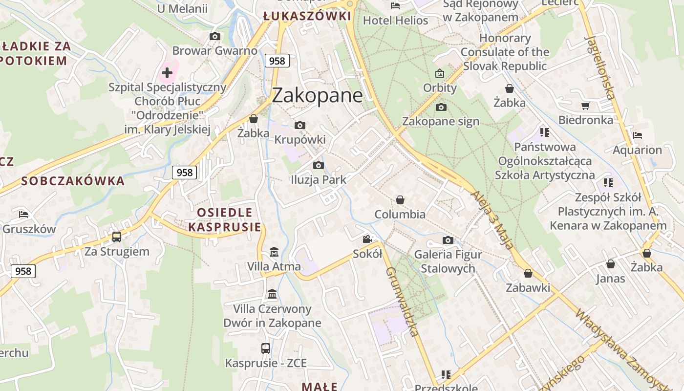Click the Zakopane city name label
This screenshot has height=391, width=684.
click(317, 95)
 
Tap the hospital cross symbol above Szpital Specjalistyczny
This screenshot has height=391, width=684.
click(167, 73)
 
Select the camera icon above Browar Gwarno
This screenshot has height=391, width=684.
click(215, 36)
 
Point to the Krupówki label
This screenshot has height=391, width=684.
click(299, 140)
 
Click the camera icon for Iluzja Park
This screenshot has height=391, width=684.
click(319, 166)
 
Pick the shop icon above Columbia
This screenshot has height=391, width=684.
click(400, 200)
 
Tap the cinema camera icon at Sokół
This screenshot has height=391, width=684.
click(367, 239)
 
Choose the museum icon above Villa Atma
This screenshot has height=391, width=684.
click(274, 252)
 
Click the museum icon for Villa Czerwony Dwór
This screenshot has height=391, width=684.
click(272, 294)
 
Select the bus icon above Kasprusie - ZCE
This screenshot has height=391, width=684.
click(266, 348)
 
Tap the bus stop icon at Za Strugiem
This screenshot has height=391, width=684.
click(117, 237)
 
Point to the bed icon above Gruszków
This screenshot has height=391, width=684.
click(23, 214)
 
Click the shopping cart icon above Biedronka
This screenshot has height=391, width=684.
click(586, 106)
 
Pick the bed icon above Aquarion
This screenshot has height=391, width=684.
click(638, 135)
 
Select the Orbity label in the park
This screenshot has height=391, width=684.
click(440, 88)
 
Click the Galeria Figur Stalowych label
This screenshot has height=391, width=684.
click(448, 261)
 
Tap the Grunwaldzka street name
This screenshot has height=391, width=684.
click(403, 302)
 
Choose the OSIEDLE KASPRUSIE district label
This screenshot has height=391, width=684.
click(225, 220)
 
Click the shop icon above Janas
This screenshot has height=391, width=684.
click(611, 264)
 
